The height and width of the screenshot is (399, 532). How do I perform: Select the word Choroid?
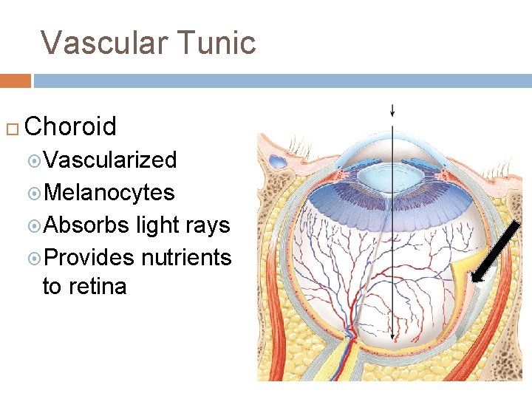[70, 126]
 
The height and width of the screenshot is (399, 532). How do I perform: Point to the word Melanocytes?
[109, 192]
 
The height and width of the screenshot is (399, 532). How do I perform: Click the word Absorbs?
[87, 225]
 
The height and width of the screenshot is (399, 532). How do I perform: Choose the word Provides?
[89, 257]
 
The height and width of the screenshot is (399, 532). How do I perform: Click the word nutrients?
[185, 257]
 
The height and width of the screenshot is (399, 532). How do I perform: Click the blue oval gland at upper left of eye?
[279, 162]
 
